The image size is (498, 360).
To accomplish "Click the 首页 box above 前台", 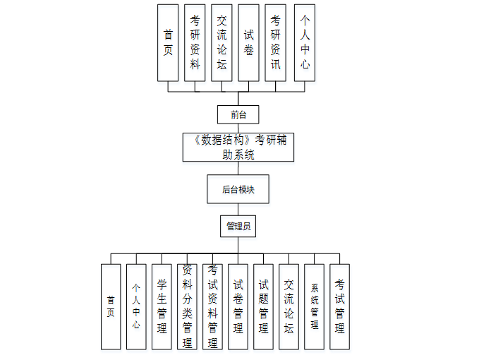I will [168, 42].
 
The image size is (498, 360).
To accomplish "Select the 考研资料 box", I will [195, 42].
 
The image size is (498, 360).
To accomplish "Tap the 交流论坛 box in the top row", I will [221, 42].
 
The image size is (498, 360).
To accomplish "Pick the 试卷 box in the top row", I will [248, 42].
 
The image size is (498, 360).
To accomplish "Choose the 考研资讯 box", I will [275, 42].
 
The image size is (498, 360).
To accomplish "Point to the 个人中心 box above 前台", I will [304, 42].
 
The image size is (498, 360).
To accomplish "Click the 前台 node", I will [238, 114].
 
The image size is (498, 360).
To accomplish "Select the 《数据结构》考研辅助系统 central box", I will [238, 147].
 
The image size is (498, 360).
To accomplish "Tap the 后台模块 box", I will [238, 189].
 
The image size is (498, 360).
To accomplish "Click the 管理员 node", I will [238, 227].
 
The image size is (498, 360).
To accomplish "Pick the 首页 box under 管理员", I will [111, 306].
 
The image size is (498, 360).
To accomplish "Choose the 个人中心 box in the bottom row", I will [136, 306].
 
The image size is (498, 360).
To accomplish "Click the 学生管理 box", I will [162, 306].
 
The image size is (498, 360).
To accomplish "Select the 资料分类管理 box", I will [187, 306].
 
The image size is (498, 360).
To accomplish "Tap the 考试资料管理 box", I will [212, 306].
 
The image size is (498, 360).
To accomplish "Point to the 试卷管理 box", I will [238, 306].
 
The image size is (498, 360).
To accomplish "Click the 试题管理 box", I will [263, 306].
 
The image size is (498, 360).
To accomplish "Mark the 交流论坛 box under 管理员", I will [289, 306].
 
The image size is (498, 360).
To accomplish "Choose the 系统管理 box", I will [314, 306].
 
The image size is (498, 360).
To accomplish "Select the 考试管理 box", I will [339, 306].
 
